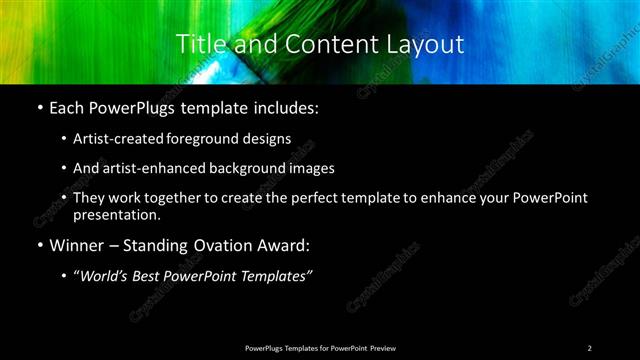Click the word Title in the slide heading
click(x=197, y=44)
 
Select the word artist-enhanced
click(x=146, y=169)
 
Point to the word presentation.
click(x=116, y=214)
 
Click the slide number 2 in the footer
click(x=589, y=347)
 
